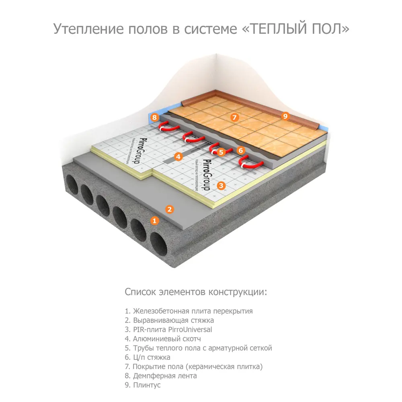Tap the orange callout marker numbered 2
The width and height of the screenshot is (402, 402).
(x=170, y=209)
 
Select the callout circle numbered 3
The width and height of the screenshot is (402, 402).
(x=221, y=185)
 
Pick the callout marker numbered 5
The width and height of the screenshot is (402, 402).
(x=221, y=152)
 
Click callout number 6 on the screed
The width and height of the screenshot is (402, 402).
(x=241, y=150)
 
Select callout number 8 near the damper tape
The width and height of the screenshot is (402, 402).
(x=154, y=118)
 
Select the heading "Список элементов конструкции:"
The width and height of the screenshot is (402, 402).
(x=195, y=291)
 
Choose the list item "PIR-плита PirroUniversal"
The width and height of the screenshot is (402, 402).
(x=168, y=330)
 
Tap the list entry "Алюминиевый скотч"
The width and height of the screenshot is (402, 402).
(x=162, y=339)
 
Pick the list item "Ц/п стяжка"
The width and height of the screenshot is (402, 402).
(x=148, y=357)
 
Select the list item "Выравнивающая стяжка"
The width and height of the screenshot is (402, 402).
(x=169, y=320)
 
